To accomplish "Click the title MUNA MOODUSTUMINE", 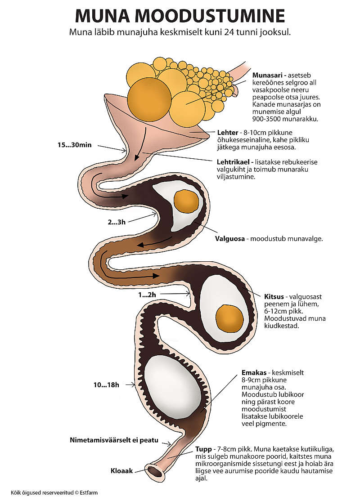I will [x=180, y=16].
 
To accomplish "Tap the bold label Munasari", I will [x=268, y=75].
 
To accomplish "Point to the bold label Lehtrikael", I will [x=233, y=162].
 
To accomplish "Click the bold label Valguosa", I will [x=230, y=239].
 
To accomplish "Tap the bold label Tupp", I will [x=203, y=449].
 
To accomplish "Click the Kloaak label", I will [x=122, y=471].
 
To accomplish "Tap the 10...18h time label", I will [x=107, y=385].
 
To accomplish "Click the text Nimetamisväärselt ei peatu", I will [x=114, y=440].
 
